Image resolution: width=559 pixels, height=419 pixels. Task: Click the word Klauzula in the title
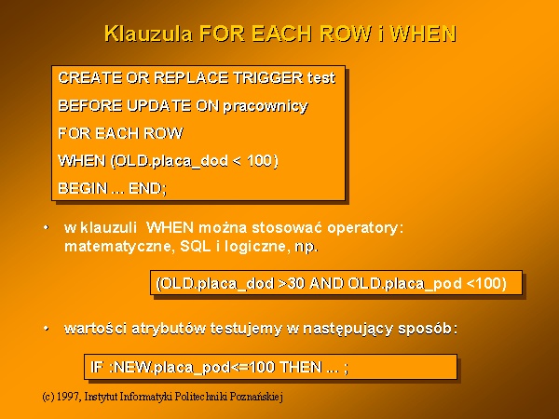148,34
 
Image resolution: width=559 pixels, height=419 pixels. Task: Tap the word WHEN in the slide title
424,34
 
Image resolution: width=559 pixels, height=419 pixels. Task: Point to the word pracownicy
266,106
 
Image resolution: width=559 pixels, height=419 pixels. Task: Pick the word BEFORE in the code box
90,105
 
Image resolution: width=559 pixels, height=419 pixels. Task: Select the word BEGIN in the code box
83,188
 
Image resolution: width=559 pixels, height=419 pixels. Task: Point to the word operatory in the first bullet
365,228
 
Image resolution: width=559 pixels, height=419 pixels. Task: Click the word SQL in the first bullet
195,246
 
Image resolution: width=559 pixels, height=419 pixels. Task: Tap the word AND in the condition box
326,283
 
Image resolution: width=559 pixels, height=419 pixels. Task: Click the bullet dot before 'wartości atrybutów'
46,328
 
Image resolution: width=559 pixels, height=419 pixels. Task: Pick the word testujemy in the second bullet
246,329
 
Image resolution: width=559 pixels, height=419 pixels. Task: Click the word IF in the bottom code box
97,367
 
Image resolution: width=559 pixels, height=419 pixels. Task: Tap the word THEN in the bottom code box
301,367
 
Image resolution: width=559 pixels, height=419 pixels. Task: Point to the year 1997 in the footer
68,397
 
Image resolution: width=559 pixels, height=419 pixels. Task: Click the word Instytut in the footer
101,397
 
